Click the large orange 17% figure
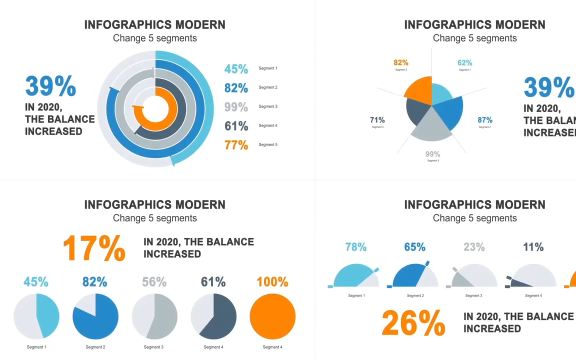click(94, 248)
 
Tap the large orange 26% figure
click(413, 323)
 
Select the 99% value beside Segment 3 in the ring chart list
click(236, 107)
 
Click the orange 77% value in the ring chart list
click(236, 145)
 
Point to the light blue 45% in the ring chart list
click(236, 69)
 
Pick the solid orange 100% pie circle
click(272, 316)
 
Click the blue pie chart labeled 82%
click(95, 316)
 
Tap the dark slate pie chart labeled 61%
click(213, 316)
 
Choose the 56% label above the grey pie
click(154, 282)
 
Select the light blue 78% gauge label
click(356, 247)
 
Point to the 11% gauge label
click(533, 247)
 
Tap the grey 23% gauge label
click(474, 247)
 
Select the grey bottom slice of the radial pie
click(431, 127)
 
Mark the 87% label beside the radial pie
click(485, 120)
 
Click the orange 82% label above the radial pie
click(401, 62)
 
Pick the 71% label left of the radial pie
click(377, 120)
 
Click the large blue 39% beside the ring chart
click(50, 86)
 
